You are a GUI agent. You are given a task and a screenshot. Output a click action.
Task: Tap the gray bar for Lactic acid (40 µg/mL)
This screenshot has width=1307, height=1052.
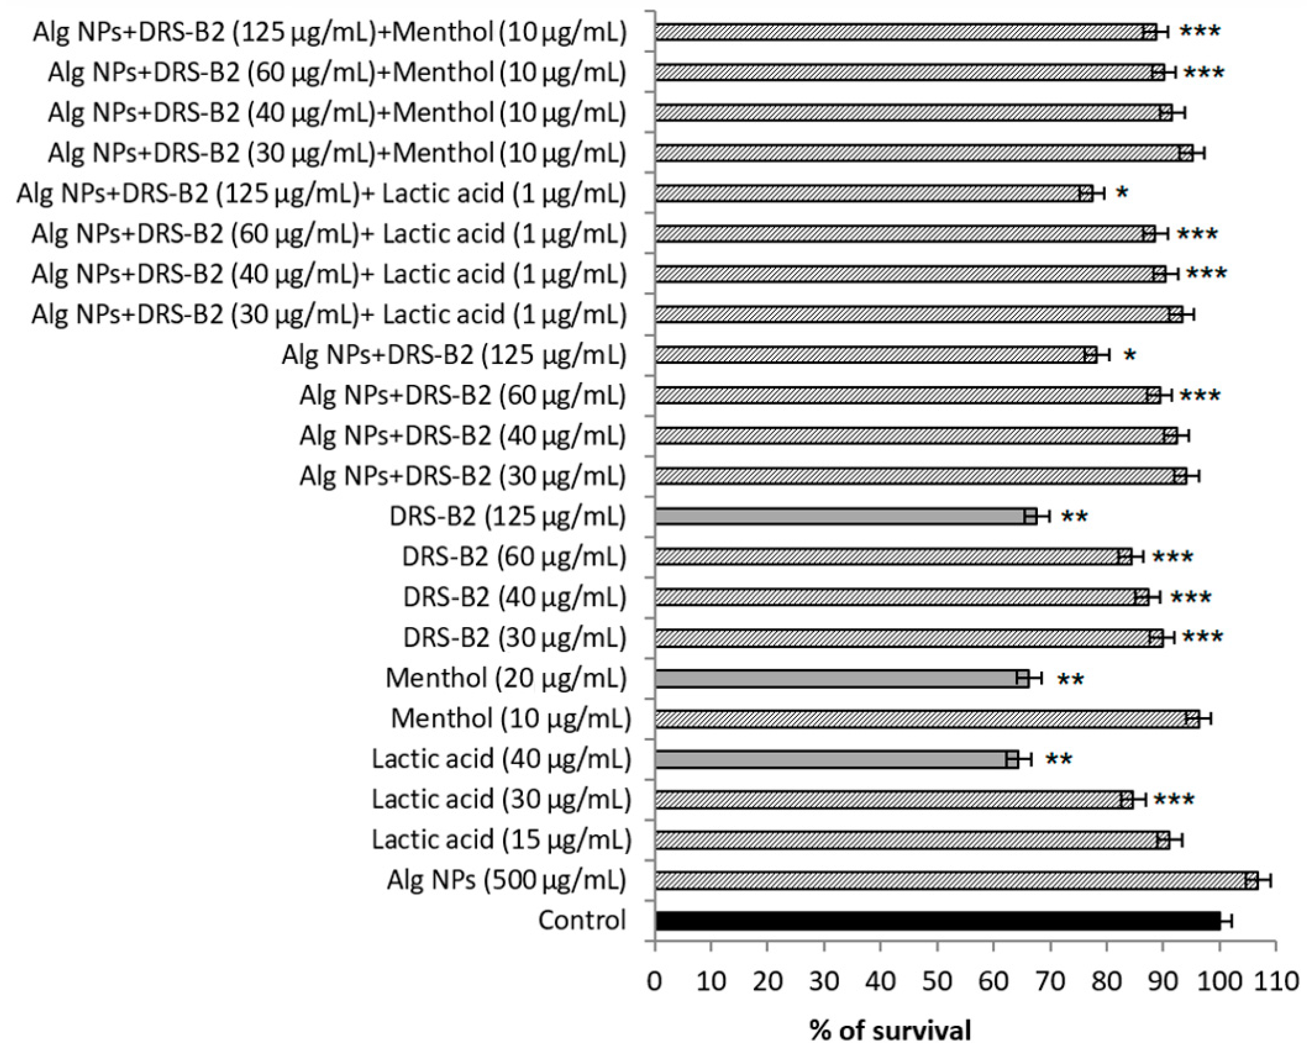click(830, 759)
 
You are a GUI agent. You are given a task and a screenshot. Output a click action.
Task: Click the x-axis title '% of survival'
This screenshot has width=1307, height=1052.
click(890, 1030)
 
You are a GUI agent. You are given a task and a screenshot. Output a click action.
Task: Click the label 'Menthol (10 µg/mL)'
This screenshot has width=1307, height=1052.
click(510, 719)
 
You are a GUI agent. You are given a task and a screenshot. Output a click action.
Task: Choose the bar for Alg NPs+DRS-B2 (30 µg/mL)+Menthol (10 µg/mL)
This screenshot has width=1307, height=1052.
click(921, 153)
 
